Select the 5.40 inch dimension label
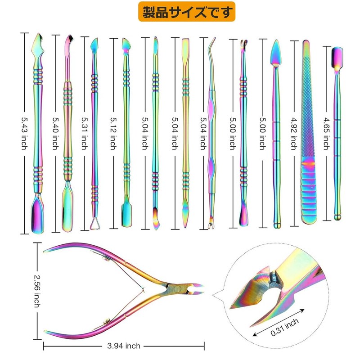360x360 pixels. pos(54,134)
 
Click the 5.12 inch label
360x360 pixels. pos(113,134)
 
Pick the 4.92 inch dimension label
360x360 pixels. pos(294,134)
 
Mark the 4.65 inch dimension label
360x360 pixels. pos(325,134)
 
